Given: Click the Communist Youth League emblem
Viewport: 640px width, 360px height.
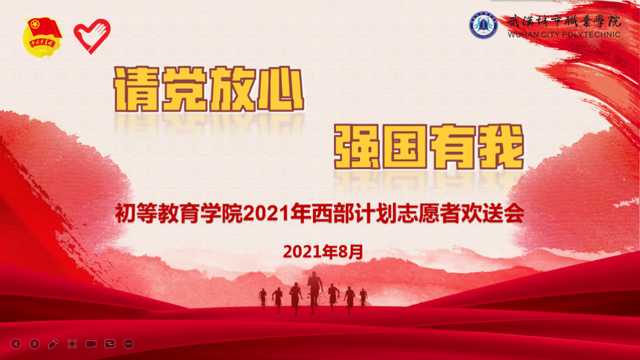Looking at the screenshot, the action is click(42, 37).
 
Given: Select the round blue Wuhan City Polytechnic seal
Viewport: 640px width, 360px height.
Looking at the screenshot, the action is click(484, 25).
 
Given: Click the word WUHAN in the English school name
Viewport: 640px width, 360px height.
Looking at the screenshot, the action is click(519, 35).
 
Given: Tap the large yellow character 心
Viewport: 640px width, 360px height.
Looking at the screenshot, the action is click(281, 89).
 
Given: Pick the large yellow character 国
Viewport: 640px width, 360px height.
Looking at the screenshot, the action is click(405, 147).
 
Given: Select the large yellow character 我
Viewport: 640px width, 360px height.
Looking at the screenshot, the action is click(501, 147).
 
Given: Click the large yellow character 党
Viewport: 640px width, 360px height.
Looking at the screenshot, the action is click(184, 89).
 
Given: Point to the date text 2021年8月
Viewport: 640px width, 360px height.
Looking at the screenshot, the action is click(323, 252).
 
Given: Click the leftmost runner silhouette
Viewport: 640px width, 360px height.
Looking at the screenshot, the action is click(263, 299).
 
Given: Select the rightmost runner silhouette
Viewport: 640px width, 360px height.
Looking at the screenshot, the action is click(363, 299).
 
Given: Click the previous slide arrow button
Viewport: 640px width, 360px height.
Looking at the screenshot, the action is click(16, 344).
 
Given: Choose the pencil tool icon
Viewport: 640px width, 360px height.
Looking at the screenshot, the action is click(53, 344).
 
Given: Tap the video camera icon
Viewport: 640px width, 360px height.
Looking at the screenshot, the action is click(91, 344).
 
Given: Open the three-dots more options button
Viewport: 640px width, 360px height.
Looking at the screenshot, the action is click(129, 344).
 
